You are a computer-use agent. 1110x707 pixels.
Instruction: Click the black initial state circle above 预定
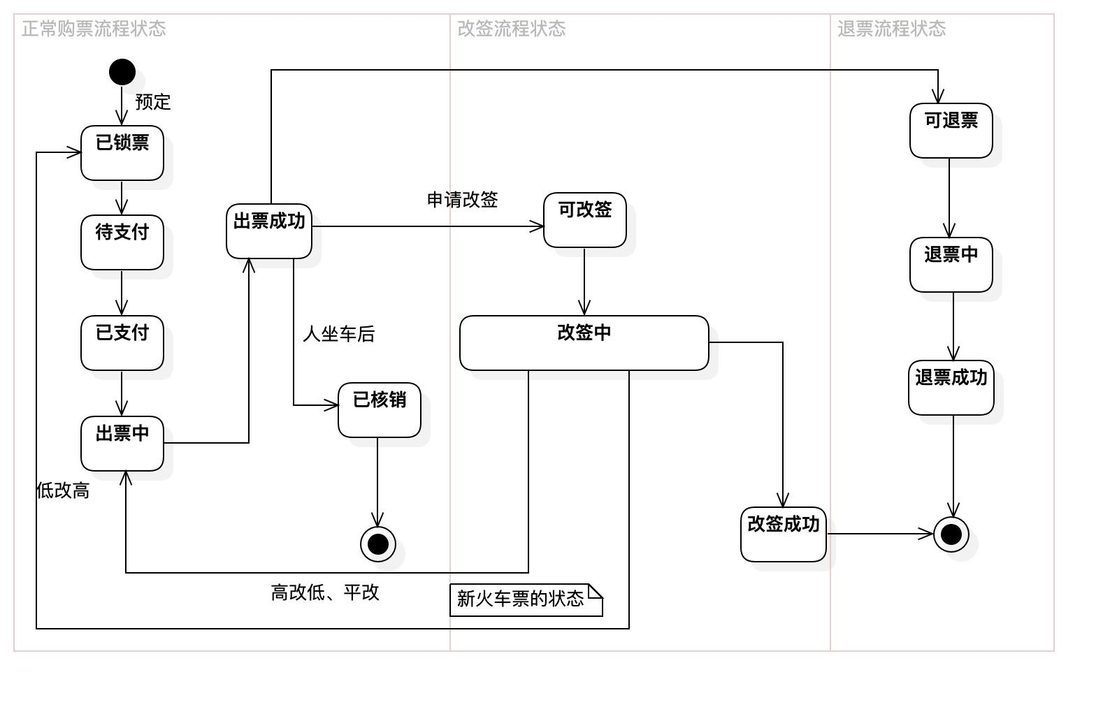click(x=122, y=72)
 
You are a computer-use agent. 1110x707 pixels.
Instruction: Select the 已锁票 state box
click(x=122, y=153)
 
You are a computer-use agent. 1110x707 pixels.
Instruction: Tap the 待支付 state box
click(x=122, y=242)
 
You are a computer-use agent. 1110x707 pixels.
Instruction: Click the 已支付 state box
click(x=122, y=343)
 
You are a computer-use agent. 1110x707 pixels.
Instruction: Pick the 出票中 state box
click(x=122, y=444)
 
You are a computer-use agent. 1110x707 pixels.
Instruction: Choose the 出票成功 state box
click(x=269, y=231)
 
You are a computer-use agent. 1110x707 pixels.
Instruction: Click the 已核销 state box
click(x=380, y=410)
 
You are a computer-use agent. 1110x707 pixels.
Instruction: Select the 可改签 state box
click(x=585, y=220)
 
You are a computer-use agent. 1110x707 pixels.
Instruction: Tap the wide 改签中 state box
click(x=584, y=343)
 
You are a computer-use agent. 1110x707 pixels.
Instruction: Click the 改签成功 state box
click(x=784, y=534)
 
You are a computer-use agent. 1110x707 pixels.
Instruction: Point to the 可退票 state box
click(x=951, y=131)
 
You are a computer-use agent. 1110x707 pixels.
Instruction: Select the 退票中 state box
click(x=951, y=265)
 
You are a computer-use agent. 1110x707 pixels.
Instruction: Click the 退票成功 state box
click(x=951, y=388)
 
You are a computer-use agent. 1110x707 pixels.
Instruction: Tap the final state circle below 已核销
click(x=378, y=544)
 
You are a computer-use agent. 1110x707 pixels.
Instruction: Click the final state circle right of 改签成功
click(x=951, y=534)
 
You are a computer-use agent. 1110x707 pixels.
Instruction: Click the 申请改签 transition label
click(x=463, y=200)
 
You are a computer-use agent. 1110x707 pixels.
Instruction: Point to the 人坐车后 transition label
click(x=339, y=334)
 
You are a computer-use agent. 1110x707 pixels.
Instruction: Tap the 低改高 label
click(x=63, y=490)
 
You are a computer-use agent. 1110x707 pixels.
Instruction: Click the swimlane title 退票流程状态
click(x=892, y=29)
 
